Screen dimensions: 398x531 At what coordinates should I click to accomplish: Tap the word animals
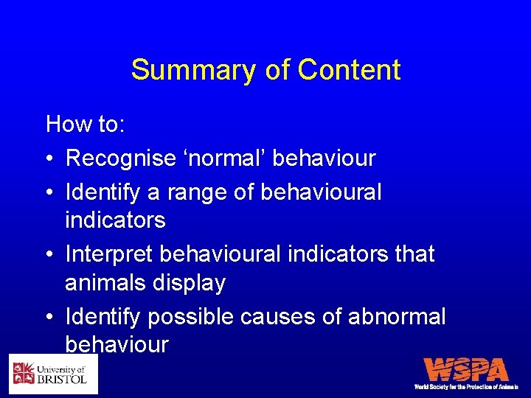105,284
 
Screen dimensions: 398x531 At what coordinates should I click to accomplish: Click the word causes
285,318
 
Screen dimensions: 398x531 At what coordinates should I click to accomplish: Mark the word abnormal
400,318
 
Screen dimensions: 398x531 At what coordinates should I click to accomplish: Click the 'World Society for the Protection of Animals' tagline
467,386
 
